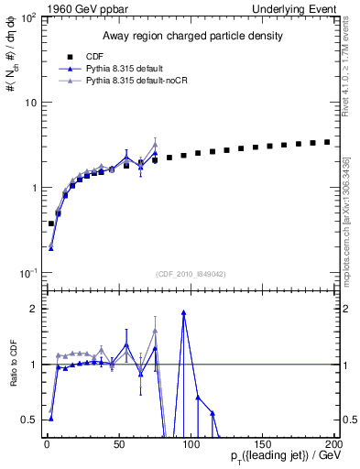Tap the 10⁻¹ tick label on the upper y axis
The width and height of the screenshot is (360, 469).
click(28, 274)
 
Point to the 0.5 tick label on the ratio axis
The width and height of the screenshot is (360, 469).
click(30, 420)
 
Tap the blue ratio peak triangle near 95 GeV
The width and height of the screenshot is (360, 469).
click(184, 312)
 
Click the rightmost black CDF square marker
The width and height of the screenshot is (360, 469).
click(327, 142)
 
